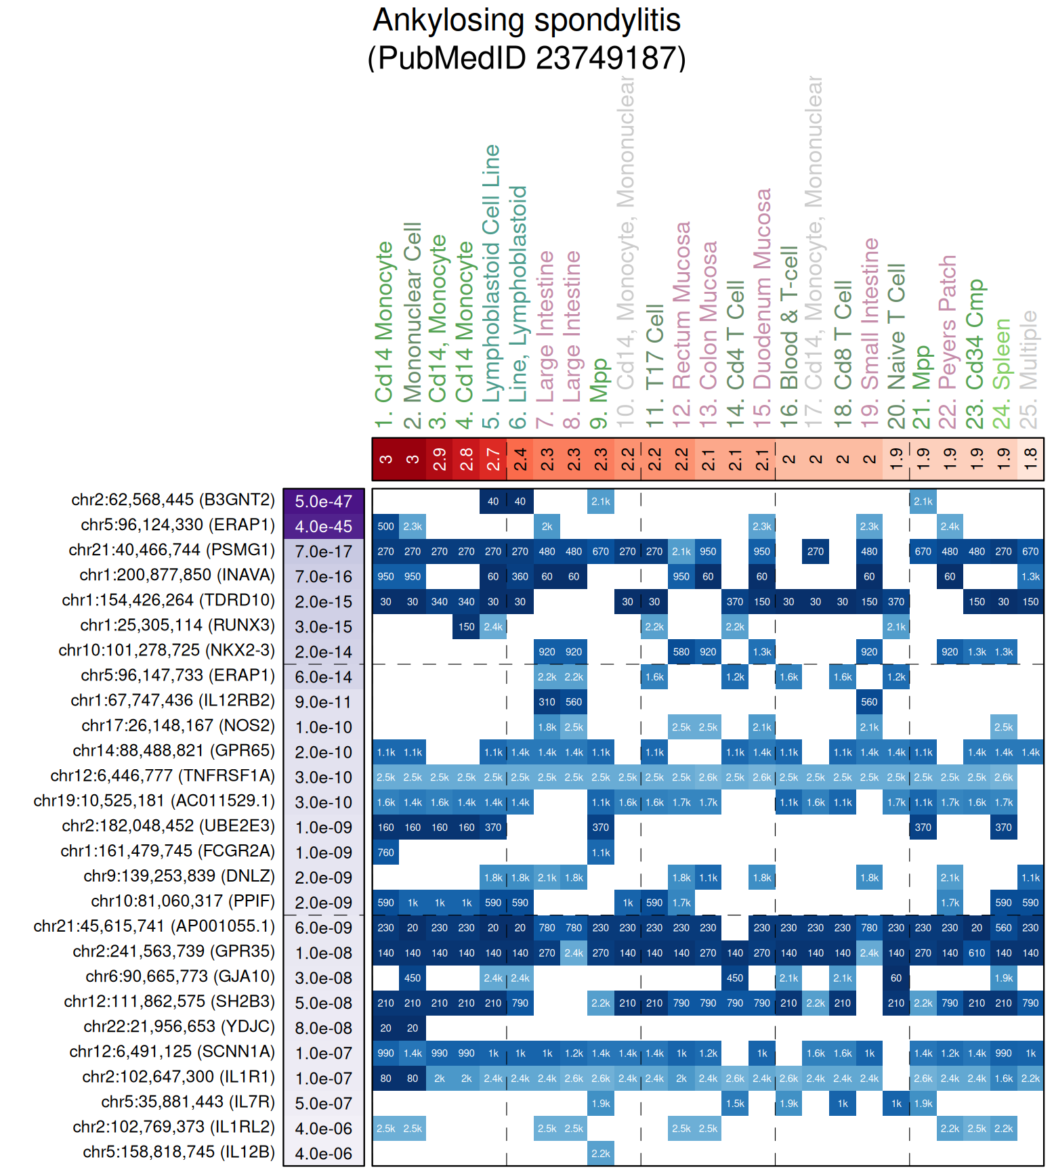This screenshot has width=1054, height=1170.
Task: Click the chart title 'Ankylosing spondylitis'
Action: [x=526, y=20]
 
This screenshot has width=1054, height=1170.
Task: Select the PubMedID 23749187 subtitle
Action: [x=526, y=58]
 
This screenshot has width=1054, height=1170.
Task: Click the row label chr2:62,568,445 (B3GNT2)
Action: [x=173, y=500]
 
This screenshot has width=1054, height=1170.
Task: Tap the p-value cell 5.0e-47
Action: [x=324, y=502]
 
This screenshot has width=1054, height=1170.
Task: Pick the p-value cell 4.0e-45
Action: [x=324, y=527]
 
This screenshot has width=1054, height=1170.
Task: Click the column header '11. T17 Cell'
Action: [x=654, y=366]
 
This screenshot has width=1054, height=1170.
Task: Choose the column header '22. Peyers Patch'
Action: [x=948, y=342]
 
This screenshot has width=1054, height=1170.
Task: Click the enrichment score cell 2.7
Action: [x=493, y=459]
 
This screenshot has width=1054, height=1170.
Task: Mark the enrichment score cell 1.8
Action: [x=1030, y=459]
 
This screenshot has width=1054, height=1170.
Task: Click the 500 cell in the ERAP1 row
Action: [x=385, y=527]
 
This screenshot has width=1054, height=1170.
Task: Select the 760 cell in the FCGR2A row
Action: [x=385, y=852]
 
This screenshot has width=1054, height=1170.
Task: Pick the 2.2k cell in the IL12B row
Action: [x=600, y=1154]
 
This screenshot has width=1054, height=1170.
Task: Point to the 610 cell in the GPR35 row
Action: [x=977, y=953]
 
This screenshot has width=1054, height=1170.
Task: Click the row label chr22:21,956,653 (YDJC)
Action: [x=180, y=1026]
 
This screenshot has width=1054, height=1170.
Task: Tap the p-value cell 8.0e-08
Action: [x=324, y=1028]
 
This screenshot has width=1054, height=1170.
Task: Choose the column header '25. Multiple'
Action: [x=1029, y=369]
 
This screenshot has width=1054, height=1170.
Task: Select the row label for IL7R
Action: [x=188, y=1102]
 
